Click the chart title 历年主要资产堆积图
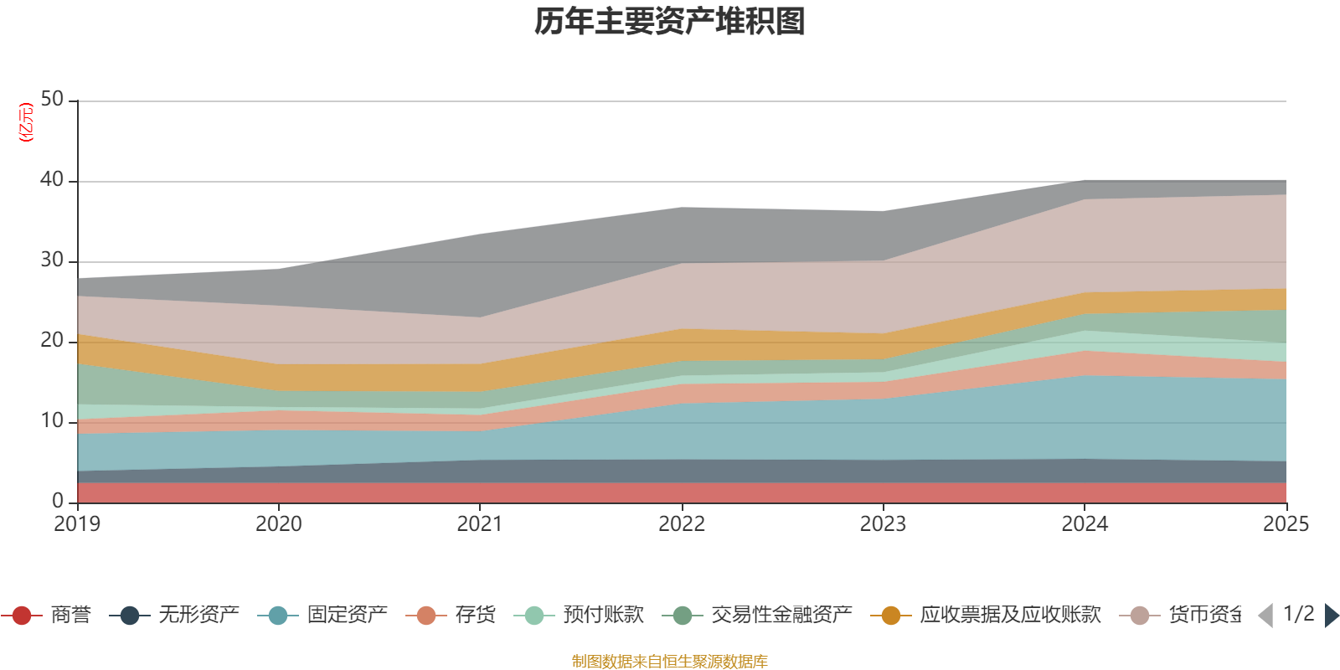(670, 22)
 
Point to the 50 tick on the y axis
(52, 100)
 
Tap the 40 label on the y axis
(52, 180)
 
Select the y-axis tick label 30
(52, 260)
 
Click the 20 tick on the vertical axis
(52, 341)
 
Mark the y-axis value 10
(52, 421)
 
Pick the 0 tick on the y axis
(58, 502)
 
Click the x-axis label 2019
(77, 524)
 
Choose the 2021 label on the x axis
(480, 524)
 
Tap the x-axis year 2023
(883, 524)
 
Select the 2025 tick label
(1285, 524)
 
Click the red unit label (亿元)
(26, 122)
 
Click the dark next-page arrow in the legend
(1331, 616)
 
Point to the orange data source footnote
(670, 662)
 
